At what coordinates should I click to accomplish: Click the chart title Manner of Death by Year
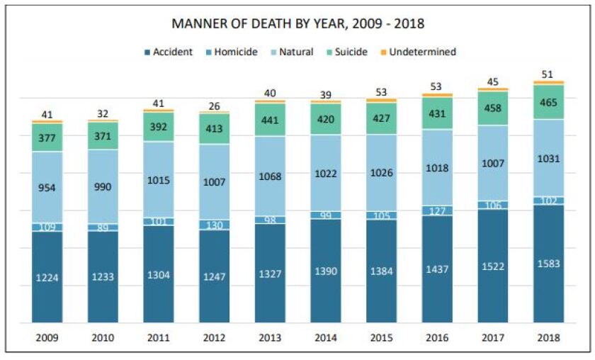pos(297,23)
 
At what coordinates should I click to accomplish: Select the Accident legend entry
pos(168,52)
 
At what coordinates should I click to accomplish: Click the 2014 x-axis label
pos(326,338)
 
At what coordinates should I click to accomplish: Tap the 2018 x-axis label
pos(548,338)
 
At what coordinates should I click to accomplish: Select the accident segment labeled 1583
pos(548,264)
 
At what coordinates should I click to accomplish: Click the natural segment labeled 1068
pos(270,176)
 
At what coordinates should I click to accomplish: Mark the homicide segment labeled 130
pos(215,225)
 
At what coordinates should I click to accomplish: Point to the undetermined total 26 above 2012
pos(215,106)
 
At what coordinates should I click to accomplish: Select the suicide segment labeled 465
pos(548,102)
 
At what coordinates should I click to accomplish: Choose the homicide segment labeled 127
pos(437,210)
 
